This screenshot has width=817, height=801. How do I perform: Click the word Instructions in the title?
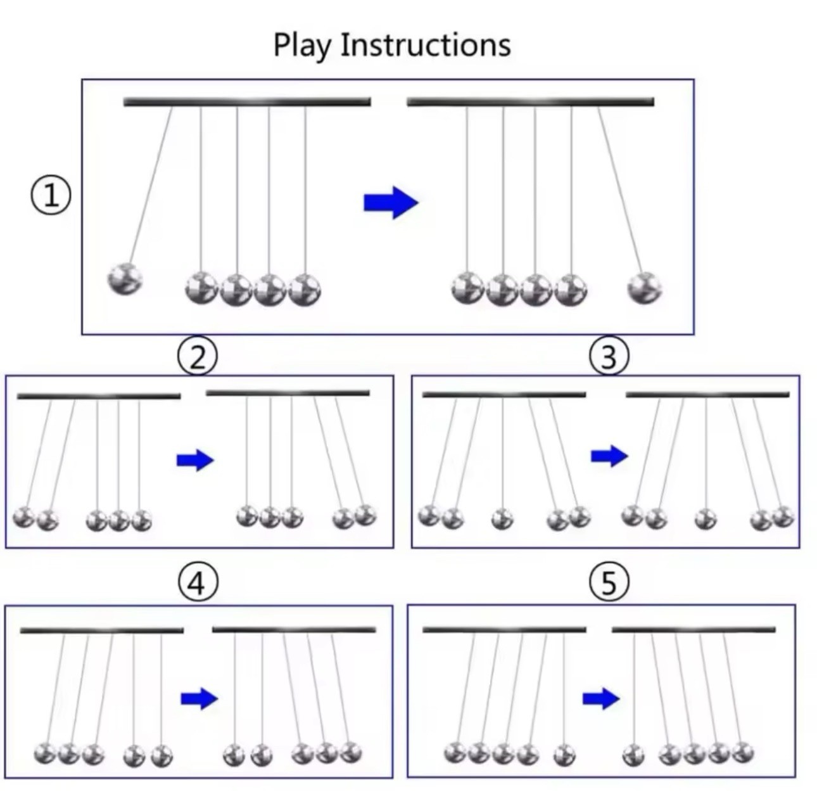click(x=426, y=44)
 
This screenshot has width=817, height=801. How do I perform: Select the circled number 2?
click(x=197, y=357)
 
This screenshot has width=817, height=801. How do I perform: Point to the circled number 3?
click(x=609, y=357)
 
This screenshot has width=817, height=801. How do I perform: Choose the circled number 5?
click(x=609, y=583)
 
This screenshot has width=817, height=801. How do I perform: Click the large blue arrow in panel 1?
click(x=391, y=203)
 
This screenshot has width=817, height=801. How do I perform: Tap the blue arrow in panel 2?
click(x=195, y=460)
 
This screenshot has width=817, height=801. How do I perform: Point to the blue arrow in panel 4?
click(x=199, y=698)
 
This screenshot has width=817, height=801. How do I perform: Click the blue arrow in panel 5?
click(x=601, y=698)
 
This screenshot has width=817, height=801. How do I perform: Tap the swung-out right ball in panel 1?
click(x=644, y=288)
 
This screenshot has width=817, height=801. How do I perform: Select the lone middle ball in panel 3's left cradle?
click(x=502, y=519)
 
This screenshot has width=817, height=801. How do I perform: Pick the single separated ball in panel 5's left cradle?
click(x=565, y=755)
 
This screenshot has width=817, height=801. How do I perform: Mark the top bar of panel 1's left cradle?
click(x=247, y=102)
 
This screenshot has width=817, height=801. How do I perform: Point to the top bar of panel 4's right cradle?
click(x=294, y=629)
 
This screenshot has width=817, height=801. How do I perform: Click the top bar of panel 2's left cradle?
click(x=99, y=396)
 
